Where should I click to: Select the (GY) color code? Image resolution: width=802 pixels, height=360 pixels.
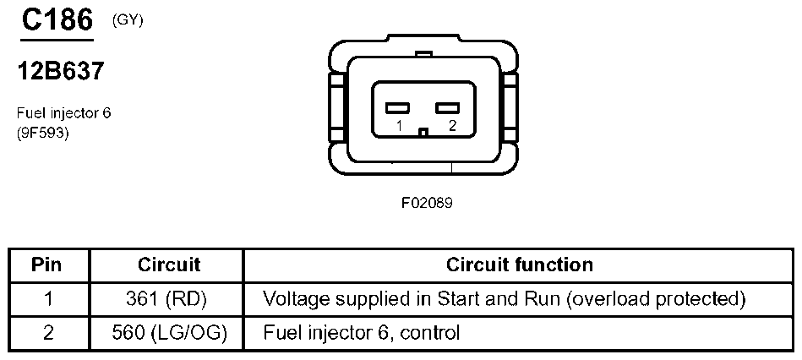(128, 21)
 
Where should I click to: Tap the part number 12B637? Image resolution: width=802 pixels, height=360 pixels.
(61, 72)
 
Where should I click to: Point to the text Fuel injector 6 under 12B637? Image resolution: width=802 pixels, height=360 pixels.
(63, 112)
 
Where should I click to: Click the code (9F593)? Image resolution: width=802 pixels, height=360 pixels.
(42, 132)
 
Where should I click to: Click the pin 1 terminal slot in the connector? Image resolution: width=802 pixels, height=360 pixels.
(397, 108)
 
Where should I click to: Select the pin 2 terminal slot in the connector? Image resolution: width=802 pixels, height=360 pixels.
(447, 108)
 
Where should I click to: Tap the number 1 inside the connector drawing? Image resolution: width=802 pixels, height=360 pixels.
(398, 127)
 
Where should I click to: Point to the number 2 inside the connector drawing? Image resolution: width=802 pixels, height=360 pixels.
(453, 127)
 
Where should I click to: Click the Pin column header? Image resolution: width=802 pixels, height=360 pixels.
(47, 265)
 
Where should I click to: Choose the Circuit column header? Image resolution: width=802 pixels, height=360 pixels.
(169, 265)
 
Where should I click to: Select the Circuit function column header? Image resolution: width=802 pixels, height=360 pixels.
(519, 265)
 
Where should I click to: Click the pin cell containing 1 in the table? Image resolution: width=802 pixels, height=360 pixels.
(47, 298)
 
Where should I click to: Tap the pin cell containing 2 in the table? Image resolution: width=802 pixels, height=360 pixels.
(47, 332)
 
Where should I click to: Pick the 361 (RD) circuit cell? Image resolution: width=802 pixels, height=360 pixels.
(169, 298)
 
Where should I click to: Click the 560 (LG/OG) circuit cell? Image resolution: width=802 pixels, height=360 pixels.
(169, 332)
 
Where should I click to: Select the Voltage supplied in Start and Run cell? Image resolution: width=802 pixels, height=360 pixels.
(505, 298)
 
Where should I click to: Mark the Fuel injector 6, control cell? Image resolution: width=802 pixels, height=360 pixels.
(362, 332)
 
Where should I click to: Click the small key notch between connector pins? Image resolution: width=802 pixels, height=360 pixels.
(425, 131)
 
